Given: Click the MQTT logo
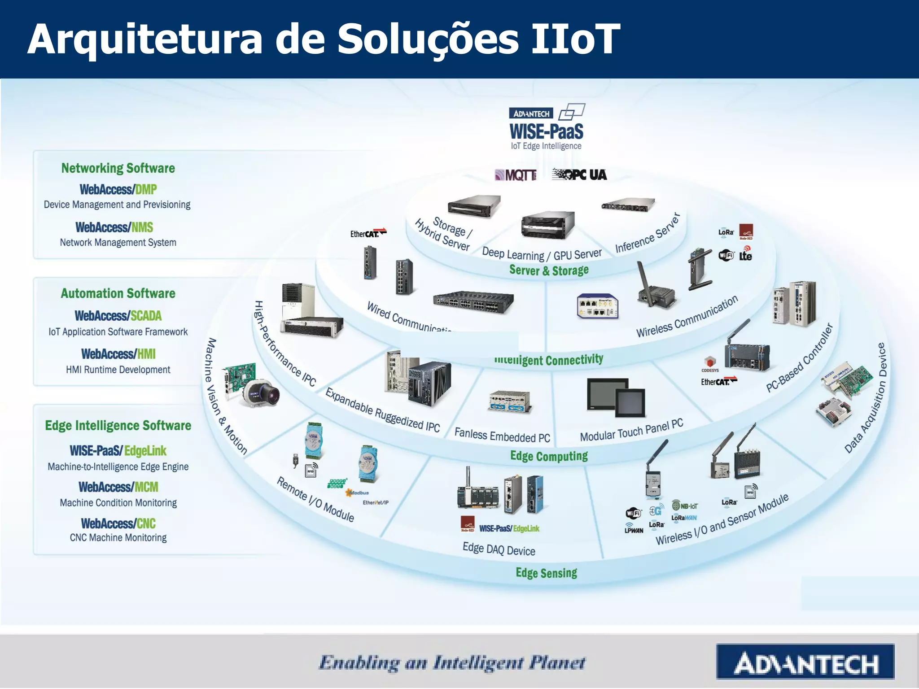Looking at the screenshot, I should pos(516,174).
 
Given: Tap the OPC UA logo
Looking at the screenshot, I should pos(579,174).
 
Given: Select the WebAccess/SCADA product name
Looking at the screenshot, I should pos(118,316).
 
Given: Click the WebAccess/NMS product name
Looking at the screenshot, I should pos(114,227).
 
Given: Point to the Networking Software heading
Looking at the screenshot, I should pos(118,168).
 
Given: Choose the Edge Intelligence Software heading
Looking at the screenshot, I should pos(118,425).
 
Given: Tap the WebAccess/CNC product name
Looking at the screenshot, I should pos(118,523).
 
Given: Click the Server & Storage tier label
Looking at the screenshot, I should pos(549,270).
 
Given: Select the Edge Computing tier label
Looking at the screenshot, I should pos(549,456).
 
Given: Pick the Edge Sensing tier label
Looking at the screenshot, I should pos(546,573).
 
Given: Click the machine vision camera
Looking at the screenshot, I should pos(261,393).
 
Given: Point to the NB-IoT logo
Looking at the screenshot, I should pos(685,506).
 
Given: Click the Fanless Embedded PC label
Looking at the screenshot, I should pos(502,435).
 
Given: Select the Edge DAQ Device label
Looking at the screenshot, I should pos(499,549).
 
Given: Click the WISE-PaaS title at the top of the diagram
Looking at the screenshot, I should pos(546,131).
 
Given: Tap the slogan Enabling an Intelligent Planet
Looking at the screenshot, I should pos(452,663).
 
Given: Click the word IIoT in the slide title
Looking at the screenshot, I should pos(575,39).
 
